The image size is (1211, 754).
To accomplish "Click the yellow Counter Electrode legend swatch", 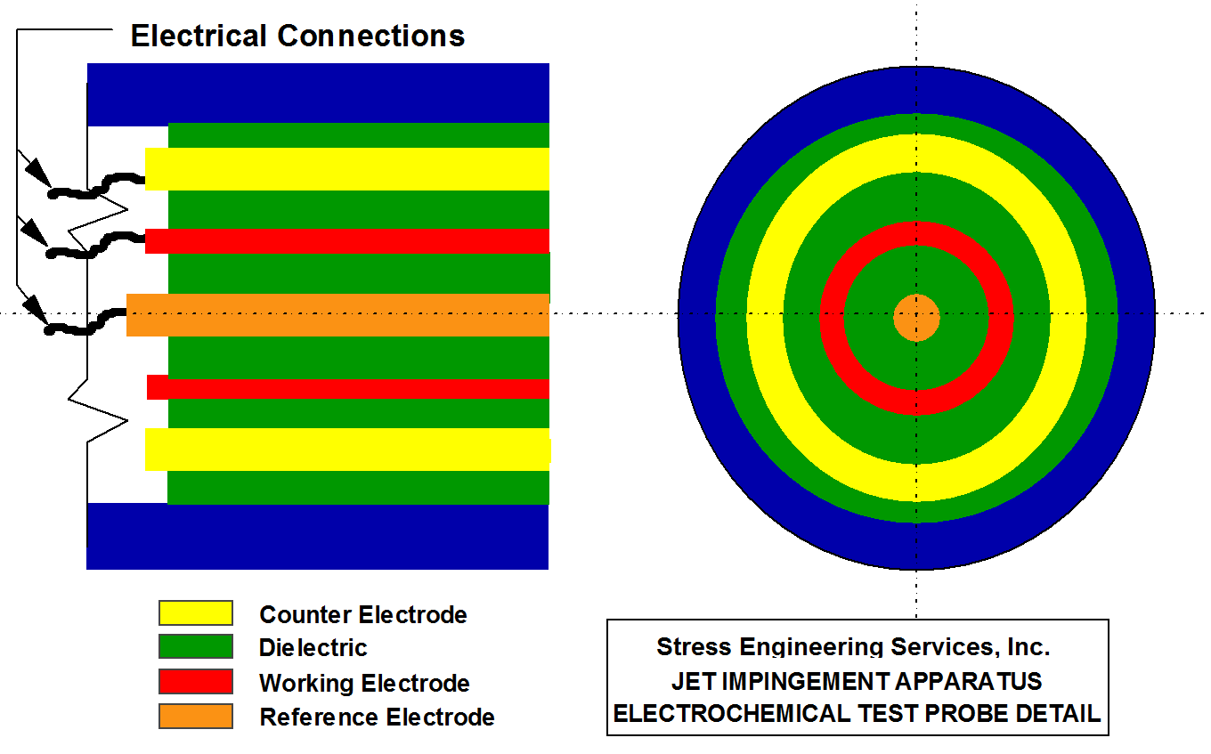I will pyautogui.click(x=195, y=613).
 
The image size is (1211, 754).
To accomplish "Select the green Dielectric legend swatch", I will pyautogui.click(x=195, y=647).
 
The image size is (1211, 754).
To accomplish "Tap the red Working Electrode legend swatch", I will pyautogui.click(x=195, y=682).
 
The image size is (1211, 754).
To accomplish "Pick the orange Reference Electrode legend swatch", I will pyautogui.click(x=195, y=717).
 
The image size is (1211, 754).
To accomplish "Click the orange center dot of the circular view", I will pyautogui.click(x=916, y=318).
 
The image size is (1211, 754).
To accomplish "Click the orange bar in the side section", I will pyautogui.click(x=338, y=315).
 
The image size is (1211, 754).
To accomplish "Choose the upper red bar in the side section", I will pyautogui.click(x=347, y=241).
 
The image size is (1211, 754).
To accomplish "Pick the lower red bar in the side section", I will pyautogui.click(x=347, y=388).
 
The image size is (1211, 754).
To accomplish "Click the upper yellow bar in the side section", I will pyautogui.click(x=347, y=169).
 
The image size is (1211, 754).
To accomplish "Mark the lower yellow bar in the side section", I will pyautogui.click(x=347, y=450).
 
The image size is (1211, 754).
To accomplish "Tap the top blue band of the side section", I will pyautogui.click(x=318, y=93).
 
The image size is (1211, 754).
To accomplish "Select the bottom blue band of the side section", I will pyautogui.click(x=318, y=536).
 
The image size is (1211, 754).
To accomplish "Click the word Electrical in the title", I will pyautogui.click(x=199, y=36).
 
